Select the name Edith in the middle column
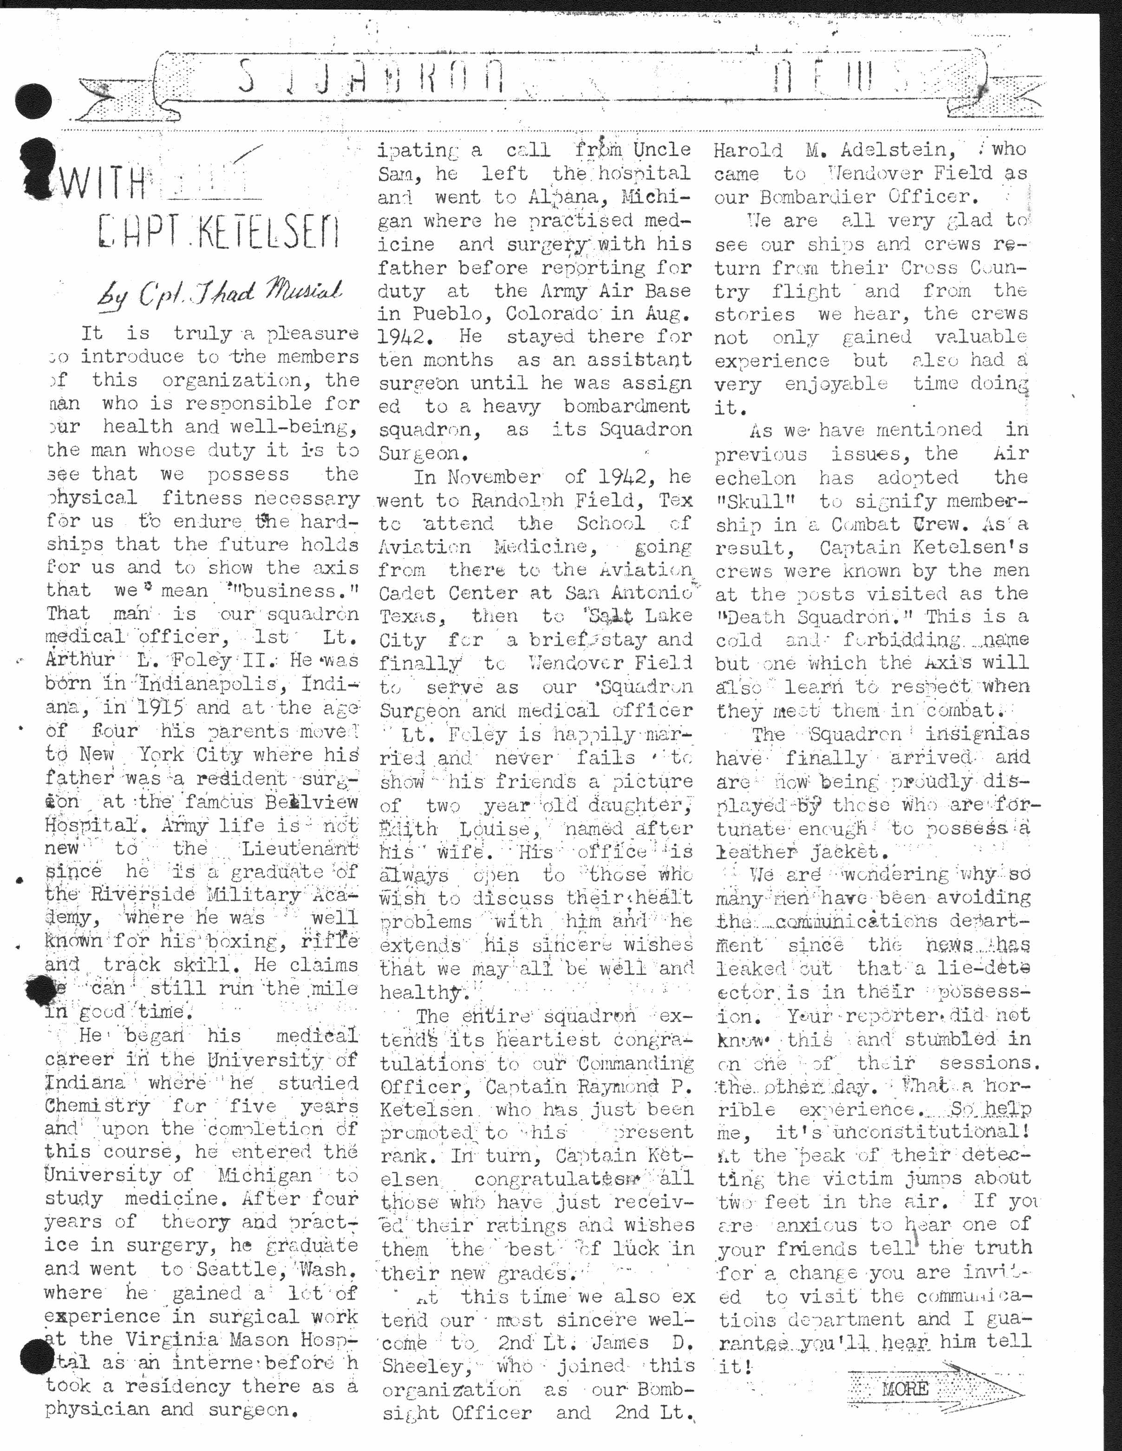(409, 829)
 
